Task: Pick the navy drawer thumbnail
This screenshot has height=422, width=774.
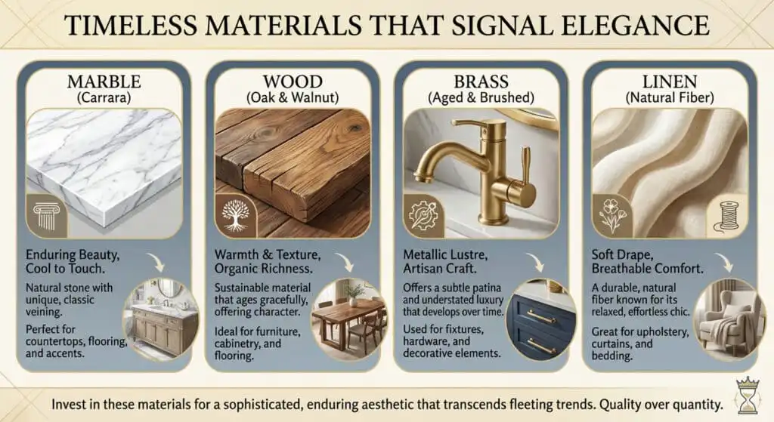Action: coord(538,317)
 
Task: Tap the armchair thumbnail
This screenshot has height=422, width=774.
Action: coord(727,317)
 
